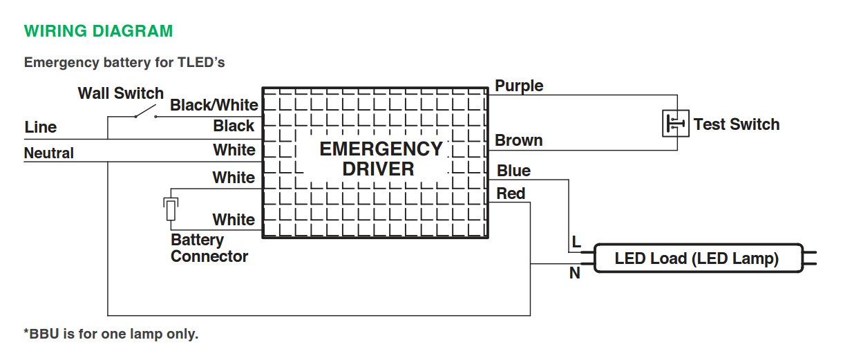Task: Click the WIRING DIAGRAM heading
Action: (98, 31)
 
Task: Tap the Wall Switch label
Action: (120, 93)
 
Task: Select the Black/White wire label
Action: (214, 105)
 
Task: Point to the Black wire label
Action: (234, 126)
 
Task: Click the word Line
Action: (41, 128)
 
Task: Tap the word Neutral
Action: (49, 153)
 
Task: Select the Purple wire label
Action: (519, 86)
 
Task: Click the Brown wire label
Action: (518, 140)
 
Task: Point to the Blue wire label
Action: (513, 171)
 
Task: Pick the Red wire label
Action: (511, 193)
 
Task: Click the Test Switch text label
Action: (736, 124)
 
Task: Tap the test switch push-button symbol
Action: (675, 124)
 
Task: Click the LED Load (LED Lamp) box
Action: (697, 259)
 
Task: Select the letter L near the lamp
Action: (575, 243)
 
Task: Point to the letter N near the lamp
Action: (574, 274)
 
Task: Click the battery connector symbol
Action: (170, 209)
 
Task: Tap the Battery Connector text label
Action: (209, 248)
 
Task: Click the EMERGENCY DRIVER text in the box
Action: (380, 159)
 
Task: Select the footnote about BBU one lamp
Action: (111, 334)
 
